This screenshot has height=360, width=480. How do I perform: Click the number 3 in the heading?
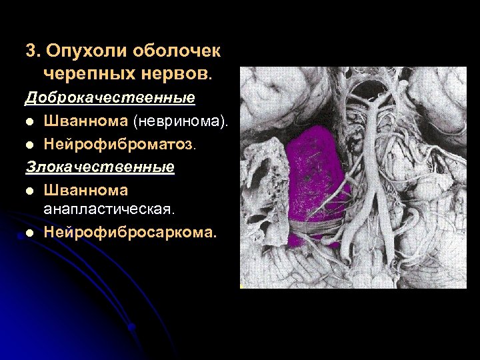[30, 51]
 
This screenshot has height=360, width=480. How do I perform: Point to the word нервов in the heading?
[172, 71]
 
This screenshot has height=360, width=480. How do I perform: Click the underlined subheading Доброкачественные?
[110, 98]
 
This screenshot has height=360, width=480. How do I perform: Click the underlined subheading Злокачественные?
[100, 166]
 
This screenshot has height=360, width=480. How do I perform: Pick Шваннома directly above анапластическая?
[86, 190]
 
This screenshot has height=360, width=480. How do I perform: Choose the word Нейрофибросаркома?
[131, 233]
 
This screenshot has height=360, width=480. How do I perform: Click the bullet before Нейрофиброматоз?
[29, 144]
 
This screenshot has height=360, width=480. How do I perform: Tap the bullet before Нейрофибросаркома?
[29, 233]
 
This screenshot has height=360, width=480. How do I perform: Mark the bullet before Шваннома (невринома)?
[29, 121]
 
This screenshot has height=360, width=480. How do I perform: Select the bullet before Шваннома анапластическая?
[29, 191]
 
